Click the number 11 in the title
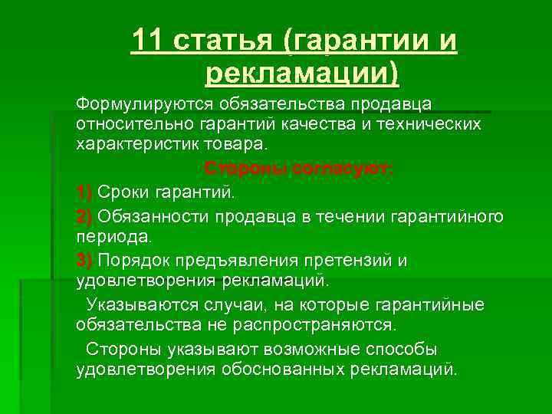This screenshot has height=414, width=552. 146,41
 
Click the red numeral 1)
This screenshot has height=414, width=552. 84,191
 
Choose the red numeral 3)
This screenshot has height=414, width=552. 84,260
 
